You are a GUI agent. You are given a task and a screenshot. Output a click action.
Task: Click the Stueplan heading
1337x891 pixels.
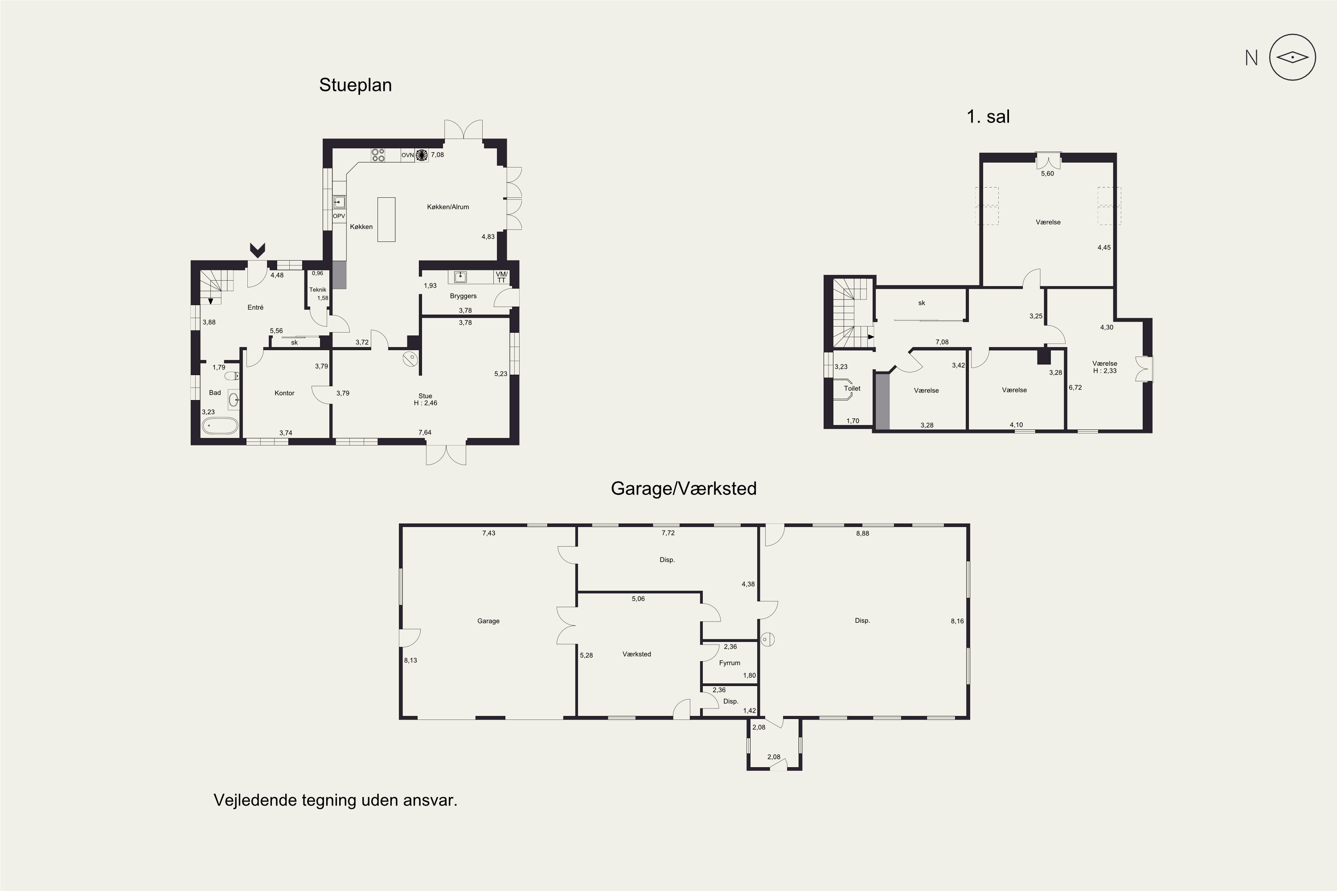(x=355, y=85)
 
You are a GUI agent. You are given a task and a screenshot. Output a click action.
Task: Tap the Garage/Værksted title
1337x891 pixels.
(x=683, y=489)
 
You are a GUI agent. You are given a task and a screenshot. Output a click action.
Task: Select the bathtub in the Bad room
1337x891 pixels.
(x=220, y=425)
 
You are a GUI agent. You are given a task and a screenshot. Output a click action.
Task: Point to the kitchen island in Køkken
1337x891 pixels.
(x=386, y=219)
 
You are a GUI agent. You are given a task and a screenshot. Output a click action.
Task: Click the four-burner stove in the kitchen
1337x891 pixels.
(x=378, y=155)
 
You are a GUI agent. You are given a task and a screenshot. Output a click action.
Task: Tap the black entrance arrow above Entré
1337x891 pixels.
(x=258, y=250)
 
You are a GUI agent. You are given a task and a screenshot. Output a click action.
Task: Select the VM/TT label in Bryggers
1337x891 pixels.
(x=501, y=277)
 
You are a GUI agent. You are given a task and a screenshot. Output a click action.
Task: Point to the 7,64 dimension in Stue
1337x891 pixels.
(x=425, y=433)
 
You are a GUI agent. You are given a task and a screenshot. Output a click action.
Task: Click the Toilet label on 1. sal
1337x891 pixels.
(x=852, y=388)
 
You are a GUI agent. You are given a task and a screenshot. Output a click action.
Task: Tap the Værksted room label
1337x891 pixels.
(x=637, y=654)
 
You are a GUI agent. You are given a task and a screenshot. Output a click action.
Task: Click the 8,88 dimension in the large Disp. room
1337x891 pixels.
(x=862, y=534)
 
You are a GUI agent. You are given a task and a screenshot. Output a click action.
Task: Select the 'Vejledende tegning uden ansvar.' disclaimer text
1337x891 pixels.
(x=336, y=801)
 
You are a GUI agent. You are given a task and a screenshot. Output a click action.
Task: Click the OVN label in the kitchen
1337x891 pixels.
(x=408, y=155)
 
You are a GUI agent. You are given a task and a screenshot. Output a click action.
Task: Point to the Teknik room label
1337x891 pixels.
(x=318, y=290)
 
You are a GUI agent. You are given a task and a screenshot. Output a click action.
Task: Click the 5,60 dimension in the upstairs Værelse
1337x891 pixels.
(x=1047, y=174)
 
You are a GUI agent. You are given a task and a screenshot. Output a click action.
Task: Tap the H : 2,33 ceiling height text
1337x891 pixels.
(x=1104, y=371)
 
